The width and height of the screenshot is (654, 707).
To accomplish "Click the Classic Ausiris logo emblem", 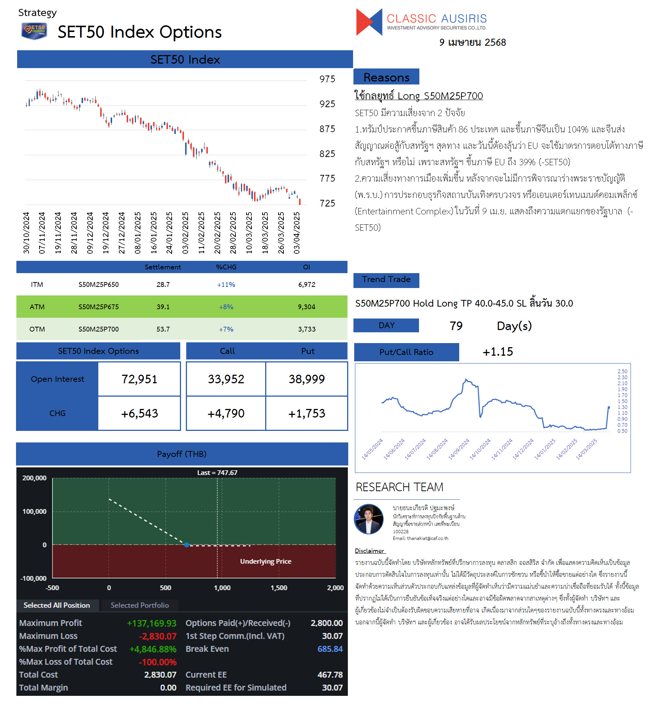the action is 369,22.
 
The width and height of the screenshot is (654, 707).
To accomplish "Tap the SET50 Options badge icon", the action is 34,31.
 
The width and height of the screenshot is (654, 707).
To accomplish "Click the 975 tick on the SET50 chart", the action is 327,79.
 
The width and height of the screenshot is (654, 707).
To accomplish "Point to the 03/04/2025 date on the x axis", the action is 297,233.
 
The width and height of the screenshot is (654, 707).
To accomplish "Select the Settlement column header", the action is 163,267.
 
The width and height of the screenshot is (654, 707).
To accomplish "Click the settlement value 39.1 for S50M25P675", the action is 163,307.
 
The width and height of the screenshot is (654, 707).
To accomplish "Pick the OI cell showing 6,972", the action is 307,285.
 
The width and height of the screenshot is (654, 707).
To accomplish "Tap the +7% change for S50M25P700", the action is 226,329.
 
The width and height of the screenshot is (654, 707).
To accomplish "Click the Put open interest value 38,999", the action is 307,379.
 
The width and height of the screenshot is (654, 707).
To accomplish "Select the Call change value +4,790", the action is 226,413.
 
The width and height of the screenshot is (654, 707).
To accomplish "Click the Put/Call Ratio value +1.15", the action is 498,352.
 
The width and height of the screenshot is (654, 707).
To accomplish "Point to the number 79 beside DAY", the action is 456,326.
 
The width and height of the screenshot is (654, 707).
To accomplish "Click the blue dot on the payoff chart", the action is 187,545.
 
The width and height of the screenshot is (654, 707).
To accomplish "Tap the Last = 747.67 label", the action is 218,473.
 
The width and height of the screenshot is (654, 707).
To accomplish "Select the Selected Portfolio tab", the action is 140,605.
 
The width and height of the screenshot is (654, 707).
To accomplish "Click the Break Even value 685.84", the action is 330,649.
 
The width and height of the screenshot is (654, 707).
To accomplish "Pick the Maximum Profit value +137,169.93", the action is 152,623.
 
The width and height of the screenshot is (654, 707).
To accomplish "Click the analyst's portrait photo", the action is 369,519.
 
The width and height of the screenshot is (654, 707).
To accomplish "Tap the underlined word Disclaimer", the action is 369,551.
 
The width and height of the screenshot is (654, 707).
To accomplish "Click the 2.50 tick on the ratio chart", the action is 622,371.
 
